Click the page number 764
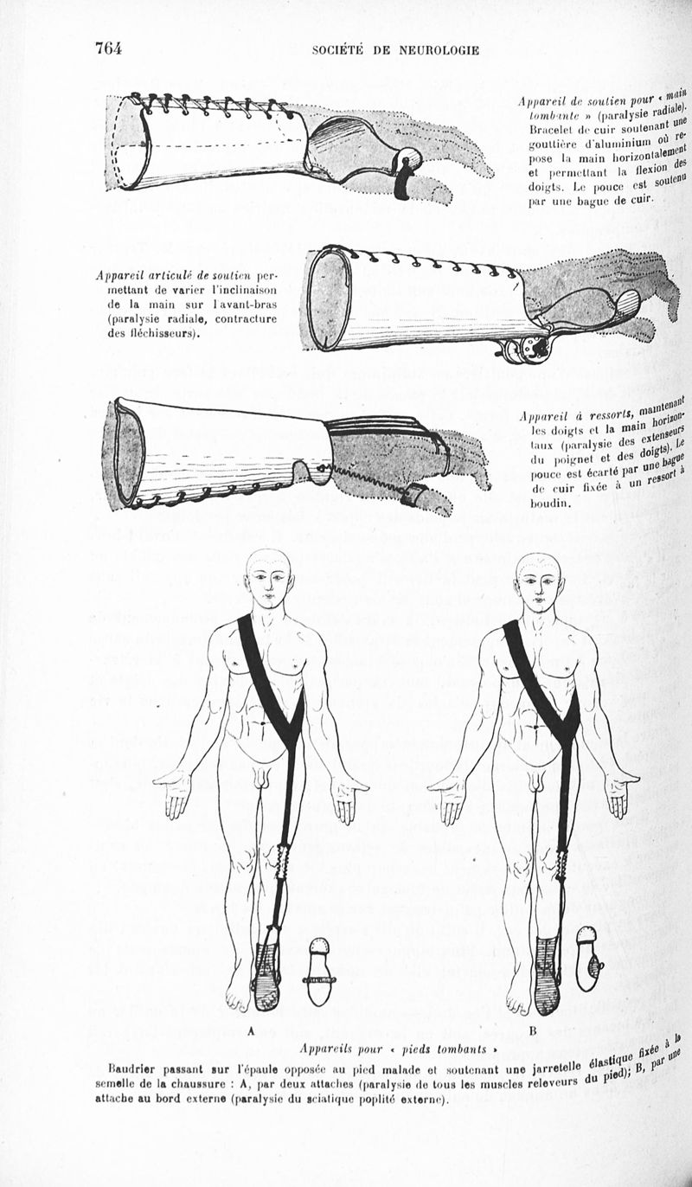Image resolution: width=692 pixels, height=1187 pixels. coord(109,48)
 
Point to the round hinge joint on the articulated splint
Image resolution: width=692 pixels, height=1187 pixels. coord(527,350)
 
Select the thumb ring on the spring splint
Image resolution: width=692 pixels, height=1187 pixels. coord(410,494)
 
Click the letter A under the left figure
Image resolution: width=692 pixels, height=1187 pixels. coord(252,1031)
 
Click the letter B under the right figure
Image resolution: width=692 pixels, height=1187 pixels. coord(533,1031)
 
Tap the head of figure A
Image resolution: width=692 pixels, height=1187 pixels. coord(270,579)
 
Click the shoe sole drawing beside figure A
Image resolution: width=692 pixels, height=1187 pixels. coord(318,972)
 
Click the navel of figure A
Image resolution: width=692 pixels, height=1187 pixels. coord(263,722)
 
